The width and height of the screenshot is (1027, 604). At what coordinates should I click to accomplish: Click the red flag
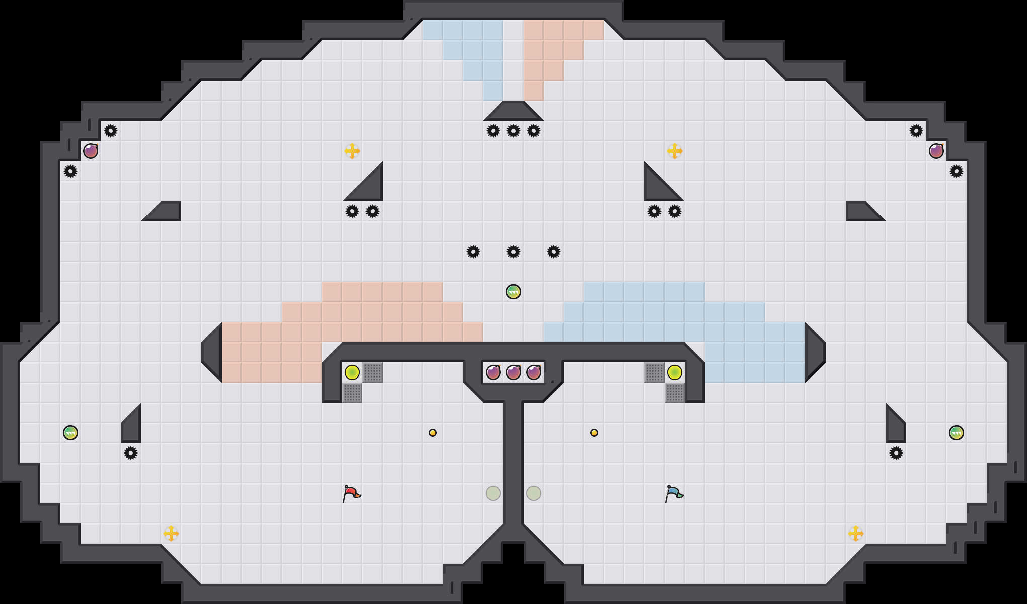click(351, 493)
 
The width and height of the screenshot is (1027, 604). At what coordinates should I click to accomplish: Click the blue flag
click(674, 493)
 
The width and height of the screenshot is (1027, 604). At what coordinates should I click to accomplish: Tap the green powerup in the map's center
click(513, 292)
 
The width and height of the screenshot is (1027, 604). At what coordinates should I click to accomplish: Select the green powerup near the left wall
click(70, 433)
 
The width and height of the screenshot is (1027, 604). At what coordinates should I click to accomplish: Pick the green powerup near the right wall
click(957, 433)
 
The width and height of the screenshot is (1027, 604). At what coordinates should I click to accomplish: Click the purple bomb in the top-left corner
click(91, 151)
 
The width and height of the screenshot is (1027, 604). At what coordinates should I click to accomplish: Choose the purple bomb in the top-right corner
click(936, 151)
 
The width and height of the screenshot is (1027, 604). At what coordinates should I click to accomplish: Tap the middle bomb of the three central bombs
click(513, 372)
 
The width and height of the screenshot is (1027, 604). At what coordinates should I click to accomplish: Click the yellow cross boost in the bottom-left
click(171, 534)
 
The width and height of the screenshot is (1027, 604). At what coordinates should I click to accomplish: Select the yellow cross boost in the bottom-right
click(856, 534)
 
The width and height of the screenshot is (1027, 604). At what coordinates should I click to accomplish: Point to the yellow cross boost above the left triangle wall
click(352, 151)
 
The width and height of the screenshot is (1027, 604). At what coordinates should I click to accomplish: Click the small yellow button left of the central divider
click(433, 433)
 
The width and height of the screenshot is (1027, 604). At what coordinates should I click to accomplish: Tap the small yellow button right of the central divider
click(594, 433)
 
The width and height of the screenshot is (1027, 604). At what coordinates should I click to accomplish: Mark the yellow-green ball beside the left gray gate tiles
click(352, 372)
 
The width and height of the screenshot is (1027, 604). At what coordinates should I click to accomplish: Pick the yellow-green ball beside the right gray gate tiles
click(675, 372)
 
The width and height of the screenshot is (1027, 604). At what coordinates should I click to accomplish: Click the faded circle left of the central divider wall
click(493, 493)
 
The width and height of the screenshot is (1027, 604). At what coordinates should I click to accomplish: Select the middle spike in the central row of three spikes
click(513, 252)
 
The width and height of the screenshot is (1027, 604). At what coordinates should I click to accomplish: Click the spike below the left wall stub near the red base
click(131, 453)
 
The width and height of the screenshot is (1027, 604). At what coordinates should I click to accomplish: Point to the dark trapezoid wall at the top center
click(513, 112)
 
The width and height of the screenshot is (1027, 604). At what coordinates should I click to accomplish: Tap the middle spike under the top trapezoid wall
click(513, 131)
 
